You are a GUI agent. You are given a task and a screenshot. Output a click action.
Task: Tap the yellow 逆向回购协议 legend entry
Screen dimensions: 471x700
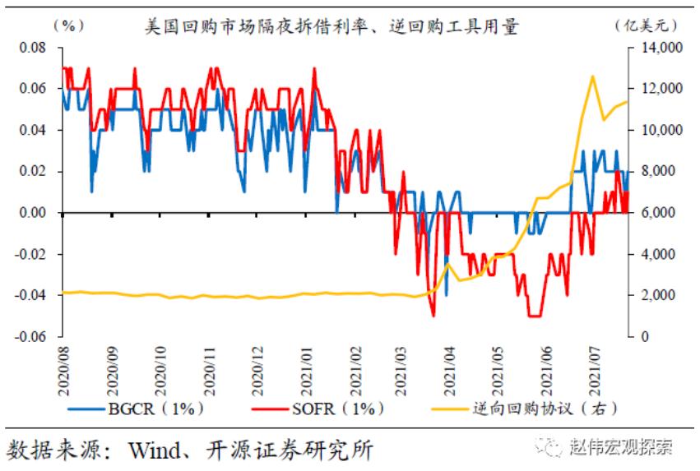click(x=526, y=407)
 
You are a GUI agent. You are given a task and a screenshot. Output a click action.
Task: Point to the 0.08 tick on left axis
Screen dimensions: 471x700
click(x=32, y=48)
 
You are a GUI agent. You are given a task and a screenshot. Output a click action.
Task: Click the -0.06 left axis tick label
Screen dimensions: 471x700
click(x=30, y=336)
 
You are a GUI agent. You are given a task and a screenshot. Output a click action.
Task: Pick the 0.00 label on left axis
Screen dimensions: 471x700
click(x=32, y=213)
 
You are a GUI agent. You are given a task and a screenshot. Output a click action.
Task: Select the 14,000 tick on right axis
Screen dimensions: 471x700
click(x=656, y=48)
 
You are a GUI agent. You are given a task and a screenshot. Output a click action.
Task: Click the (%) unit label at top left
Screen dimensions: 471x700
click(x=67, y=25)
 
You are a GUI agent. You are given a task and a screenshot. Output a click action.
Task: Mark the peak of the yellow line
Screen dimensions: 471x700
click(x=592, y=76)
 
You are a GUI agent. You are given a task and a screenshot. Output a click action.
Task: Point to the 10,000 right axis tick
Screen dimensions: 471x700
click(x=656, y=130)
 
